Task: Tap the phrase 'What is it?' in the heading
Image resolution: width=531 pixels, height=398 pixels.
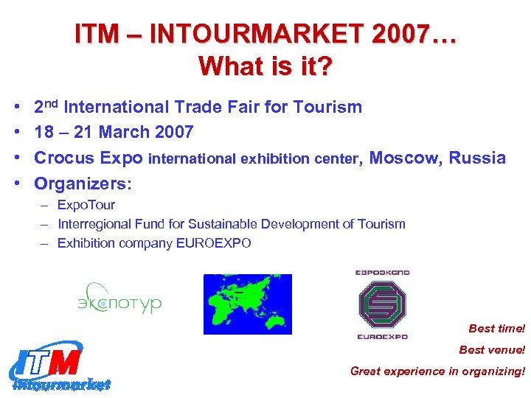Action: [265, 67]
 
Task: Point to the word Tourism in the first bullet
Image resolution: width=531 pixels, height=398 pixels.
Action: [327, 108]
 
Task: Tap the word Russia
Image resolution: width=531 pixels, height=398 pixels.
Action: [477, 158]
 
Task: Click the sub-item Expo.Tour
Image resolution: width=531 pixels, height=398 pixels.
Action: [86, 205]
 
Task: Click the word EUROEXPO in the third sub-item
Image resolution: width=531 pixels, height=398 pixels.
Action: [214, 243]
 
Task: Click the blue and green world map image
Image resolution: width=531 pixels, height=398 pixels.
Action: [247, 304]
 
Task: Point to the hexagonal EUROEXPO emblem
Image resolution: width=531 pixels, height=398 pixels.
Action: [382, 304]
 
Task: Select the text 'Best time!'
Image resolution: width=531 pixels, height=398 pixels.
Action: [497, 329]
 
